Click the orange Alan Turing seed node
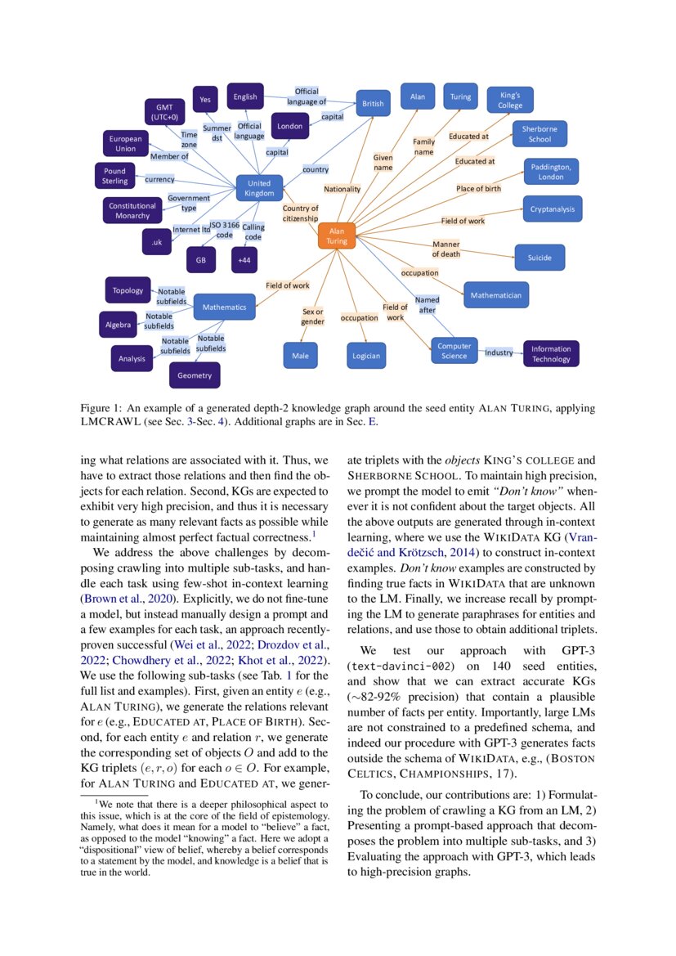pos(337,236)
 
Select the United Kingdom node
pos(258,188)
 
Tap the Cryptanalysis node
pos(552,209)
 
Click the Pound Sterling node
pos(114,176)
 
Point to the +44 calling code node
pos(244,260)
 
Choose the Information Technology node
pos(551,353)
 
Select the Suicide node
pos(539,258)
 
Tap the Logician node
pos(365,356)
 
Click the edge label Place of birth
pos(478,189)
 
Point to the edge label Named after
pos(427,305)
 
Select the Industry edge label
pos(499,352)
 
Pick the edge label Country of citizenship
pos(300,213)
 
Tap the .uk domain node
pos(156,242)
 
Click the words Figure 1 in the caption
pos(101,407)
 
